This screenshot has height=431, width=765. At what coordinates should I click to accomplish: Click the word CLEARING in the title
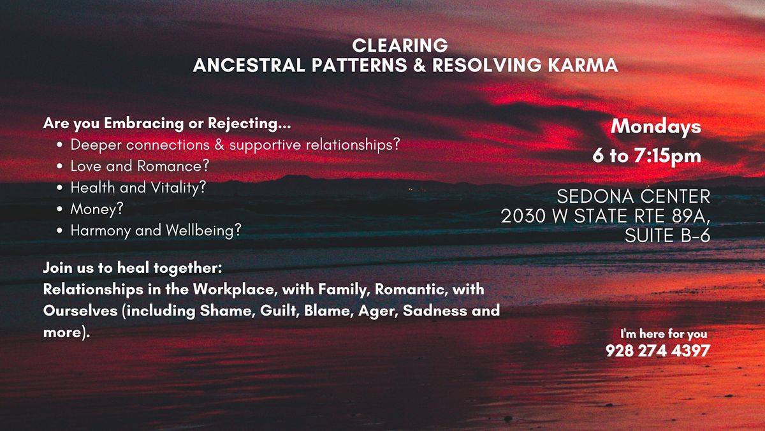pyautogui.click(x=400, y=46)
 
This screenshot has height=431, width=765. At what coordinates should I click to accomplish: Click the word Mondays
pyautogui.click(x=655, y=126)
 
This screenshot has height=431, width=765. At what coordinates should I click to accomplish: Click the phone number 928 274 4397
pyautogui.click(x=657, y=350)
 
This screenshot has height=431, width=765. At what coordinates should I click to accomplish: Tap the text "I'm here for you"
pyautogui.click(x=663, y=333)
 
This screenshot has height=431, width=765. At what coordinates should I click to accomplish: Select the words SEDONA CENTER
pyautogui.click(x=634, y=195)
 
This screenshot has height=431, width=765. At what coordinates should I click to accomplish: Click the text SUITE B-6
pyautogui.click(x=667, y=235)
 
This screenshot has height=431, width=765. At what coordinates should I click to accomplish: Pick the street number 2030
pyautogui.click(x=523, y=215)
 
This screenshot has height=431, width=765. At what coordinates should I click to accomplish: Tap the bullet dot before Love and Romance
pyautogui.click(x=59, y=166)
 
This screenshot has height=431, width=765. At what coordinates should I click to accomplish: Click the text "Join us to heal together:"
pyautogui.click(x=132, y=268)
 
